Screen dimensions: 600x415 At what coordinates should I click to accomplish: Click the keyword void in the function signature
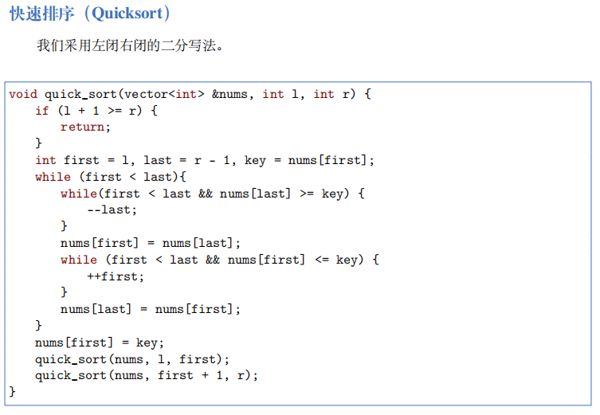click(x=23, y=94)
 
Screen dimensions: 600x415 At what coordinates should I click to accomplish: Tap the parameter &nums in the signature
click(x=231, y=94)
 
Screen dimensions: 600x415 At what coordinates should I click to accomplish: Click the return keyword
click(x=84, y=127)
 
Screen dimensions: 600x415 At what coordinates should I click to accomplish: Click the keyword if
click(x=41, y=111)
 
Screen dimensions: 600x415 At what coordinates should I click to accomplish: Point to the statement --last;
click(x=112, y=209)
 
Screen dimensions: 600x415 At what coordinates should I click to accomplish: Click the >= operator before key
click(x=307, y=194)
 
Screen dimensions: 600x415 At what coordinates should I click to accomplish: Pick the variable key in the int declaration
click(x=255, y=160)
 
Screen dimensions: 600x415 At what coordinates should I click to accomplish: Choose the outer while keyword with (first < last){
click(x=53, y=177)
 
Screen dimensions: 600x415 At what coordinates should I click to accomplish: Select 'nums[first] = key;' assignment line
click(x=99, y=343)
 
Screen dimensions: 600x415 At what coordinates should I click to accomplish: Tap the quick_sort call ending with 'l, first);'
click(x=131, y=359)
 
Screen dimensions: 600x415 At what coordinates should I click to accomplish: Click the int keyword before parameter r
click(x=324, y=94)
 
